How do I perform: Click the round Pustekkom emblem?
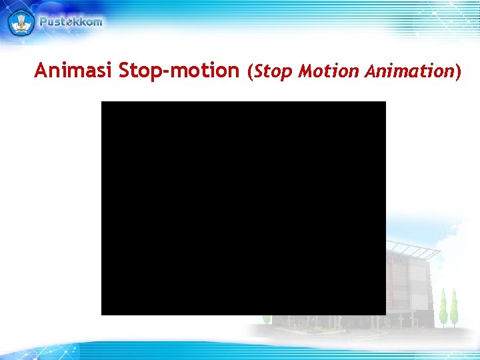point(21,22)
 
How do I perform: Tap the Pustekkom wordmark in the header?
point(71,21)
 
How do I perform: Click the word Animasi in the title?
point(73,70)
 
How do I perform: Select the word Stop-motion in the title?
point(179,70)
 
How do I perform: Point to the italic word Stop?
point(273,71)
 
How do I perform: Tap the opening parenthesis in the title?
point(250,71)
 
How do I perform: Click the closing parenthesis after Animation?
point(457,71)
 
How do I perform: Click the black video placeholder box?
point(243,208)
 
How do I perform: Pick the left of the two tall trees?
point(442,307)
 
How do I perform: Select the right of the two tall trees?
point(454,307)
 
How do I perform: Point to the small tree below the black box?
point(267,319)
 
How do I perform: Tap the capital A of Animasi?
point(41,70)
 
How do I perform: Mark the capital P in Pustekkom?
point(43,21)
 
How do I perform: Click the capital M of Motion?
point(305,71)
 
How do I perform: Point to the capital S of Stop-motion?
point(125,70)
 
